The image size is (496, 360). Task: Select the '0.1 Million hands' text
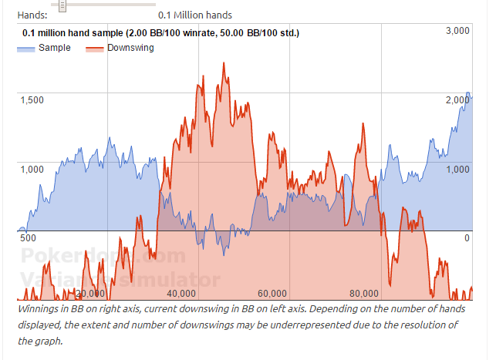coord(195,15)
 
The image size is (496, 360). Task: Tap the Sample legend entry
coord(54,48)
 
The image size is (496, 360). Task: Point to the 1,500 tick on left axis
coord(32,99)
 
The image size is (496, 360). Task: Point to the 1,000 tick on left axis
coord(32,169)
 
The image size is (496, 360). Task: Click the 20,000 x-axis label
coord(90,293)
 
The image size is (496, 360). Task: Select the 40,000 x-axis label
coord(181,293)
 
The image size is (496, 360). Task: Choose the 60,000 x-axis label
coord(272,293)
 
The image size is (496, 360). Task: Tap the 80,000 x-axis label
coord(363,293)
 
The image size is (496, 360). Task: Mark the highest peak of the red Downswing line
coord(224,62)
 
